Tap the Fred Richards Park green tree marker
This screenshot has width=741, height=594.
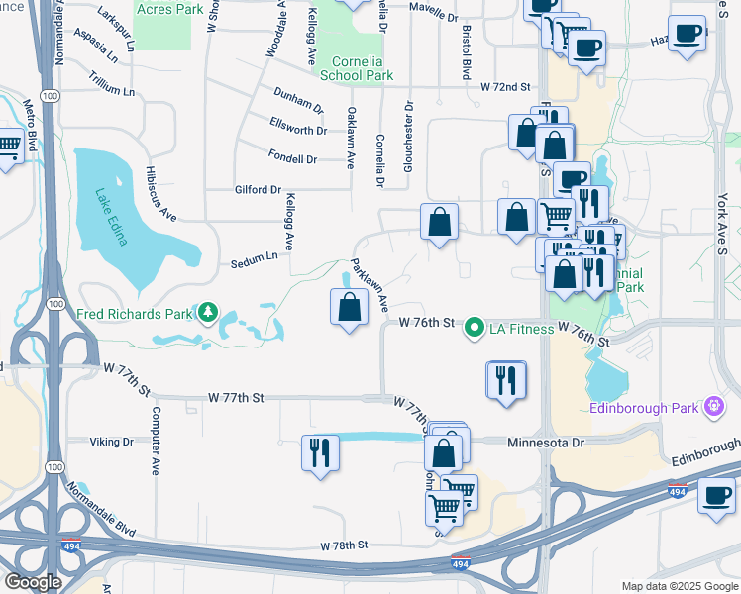[x=207, y=314]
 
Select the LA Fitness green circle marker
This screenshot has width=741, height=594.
[x=475, y=326]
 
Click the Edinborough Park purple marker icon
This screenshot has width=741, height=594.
[x=714, y=406]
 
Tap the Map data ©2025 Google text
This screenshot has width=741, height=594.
[x=679, y=586]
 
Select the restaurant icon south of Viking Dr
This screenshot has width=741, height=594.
[x=321, y=452]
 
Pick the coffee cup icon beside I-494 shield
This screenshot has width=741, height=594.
[x=715, y=495]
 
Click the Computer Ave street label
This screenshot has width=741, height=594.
[x=156, y=442]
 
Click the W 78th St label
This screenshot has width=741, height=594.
[x=344, y=545]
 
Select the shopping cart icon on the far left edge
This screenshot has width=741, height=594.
[x=7, y=148]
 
